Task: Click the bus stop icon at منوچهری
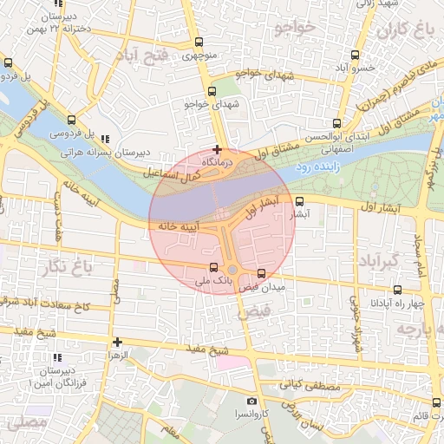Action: point(199,42)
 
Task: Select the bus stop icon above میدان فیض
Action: point(261,274)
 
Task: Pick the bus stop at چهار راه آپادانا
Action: point(398,290)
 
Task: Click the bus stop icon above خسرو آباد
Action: point(356,54)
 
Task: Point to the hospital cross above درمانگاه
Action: point(217,149)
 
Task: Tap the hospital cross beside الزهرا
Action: point(117,342)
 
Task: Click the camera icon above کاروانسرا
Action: point(251,402)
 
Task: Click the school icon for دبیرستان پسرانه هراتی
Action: point(105,139)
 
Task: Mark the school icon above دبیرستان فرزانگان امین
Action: point(56,357)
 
